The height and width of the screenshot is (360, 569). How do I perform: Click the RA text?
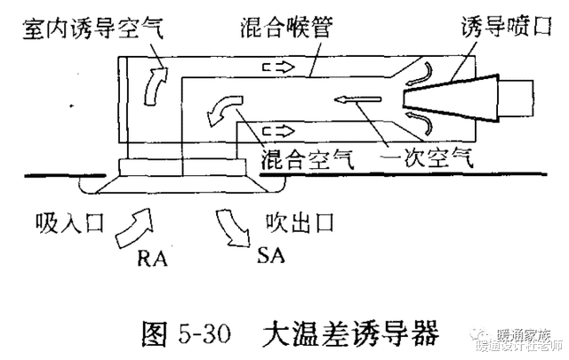[x=154, y=259]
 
